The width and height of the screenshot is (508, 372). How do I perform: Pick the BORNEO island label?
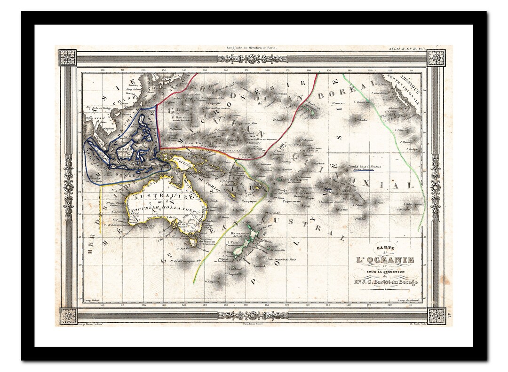tap(124, 150)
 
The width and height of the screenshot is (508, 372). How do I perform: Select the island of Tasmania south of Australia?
tap(192, 241)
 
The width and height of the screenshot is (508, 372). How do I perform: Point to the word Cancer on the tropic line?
tap(338, 103)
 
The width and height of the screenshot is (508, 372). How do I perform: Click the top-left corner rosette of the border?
tap(67, 58)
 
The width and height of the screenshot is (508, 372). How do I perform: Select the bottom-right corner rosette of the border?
tap(436, 315)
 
